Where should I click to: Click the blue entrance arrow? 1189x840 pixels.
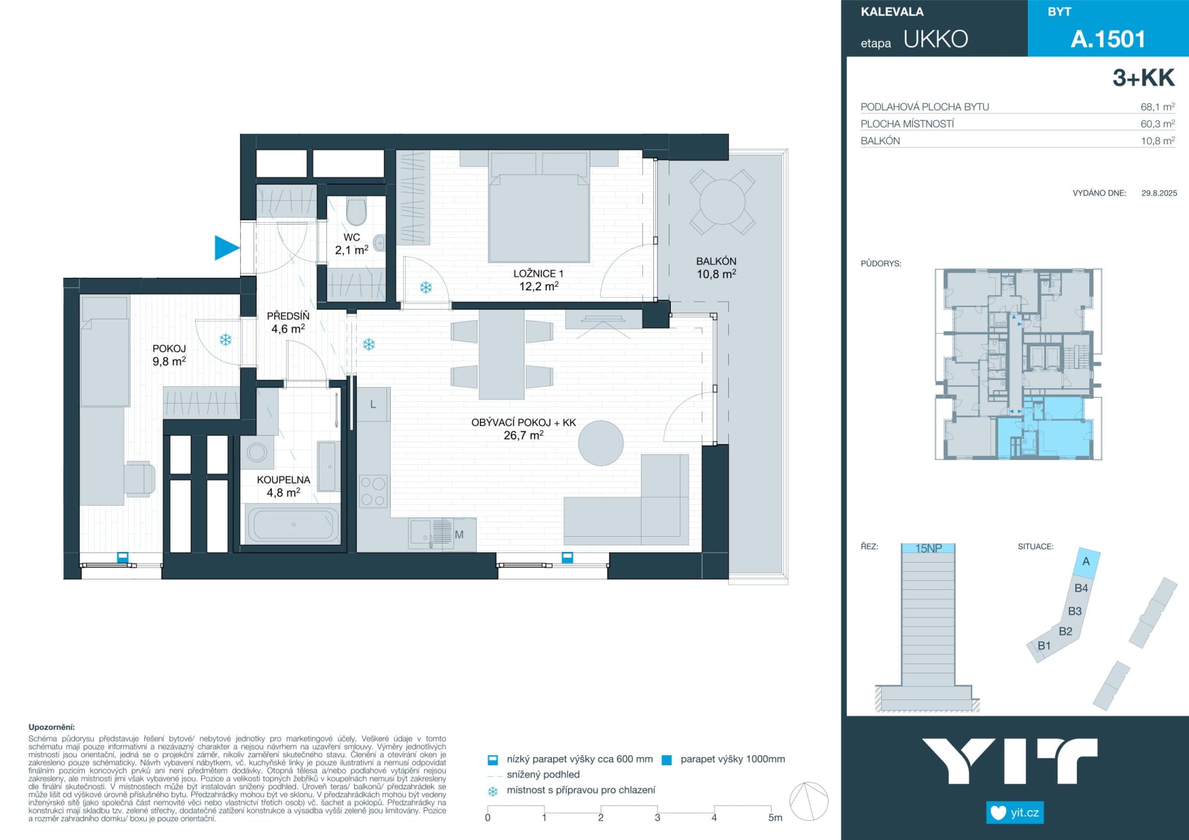pos(226,248)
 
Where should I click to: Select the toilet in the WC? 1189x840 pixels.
pos(357,211)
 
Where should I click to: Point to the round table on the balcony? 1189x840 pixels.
pos(722,202)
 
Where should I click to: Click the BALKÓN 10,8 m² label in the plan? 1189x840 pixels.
pos(716,267)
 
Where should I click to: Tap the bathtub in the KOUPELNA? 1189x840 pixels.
pos(293,524)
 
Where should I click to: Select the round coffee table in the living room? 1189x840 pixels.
pos(601,443)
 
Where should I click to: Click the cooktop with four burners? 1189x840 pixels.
pos(373,491)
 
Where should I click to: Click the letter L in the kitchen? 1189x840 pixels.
pos(373,404)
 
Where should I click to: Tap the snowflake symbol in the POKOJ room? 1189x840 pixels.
pos(225,340)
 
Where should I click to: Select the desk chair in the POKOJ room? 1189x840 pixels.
pos(139,479)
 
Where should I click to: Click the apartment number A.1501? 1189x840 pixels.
pos(1108,39)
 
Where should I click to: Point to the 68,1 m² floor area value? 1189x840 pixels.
pos(1157,106)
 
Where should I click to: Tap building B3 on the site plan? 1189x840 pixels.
pos(1074,611)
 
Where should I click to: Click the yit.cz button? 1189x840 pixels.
pos(1014,812)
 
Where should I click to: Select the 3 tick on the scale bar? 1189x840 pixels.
pos(658,809)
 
